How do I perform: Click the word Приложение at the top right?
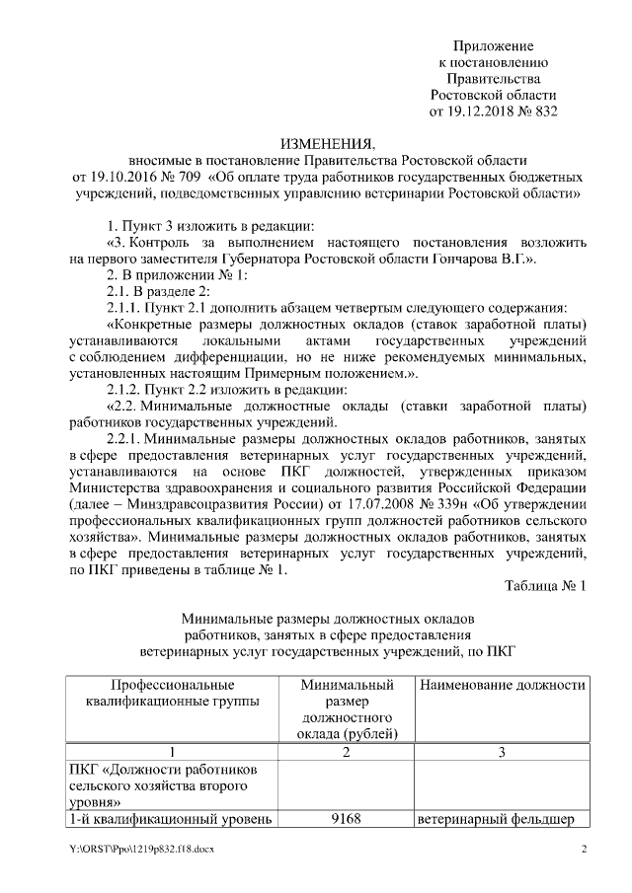(x=493, y=46)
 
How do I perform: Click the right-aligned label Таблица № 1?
(x=545, y=586)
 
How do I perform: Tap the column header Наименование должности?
(x=501, y=685)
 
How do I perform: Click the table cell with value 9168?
(x=346, y=818)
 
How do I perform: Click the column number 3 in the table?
(x=501, y=753)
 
